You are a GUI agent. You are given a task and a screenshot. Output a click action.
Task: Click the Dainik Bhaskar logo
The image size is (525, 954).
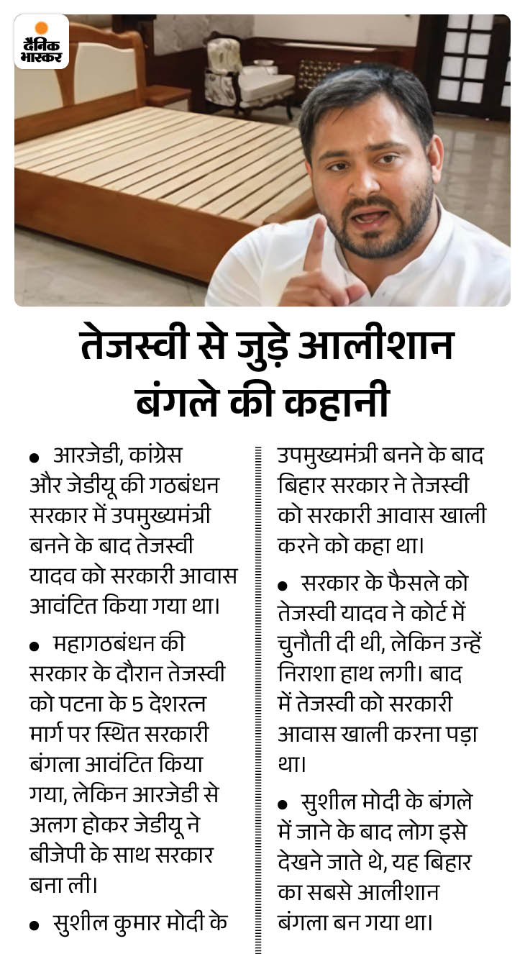(42, 42)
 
